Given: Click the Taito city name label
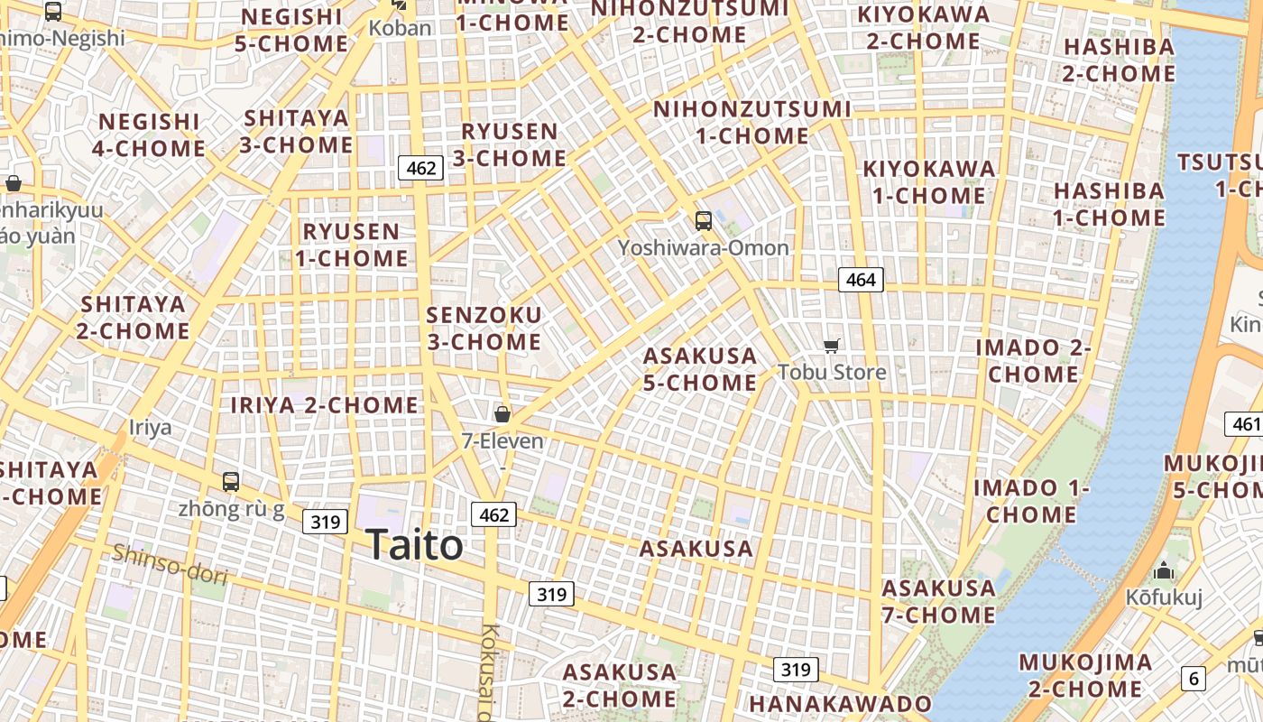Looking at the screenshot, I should [414, 545].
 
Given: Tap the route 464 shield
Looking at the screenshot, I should [861, 280].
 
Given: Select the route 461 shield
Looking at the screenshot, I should [1245, 424].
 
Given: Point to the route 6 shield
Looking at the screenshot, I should [1194, 679].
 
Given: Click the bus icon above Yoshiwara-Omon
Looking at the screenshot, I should [703, 221].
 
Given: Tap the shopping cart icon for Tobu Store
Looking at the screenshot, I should [832, 346].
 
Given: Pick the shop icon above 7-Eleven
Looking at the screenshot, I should [502, 414].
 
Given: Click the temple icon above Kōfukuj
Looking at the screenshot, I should [1164, 571].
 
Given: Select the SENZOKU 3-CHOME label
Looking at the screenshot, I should [484, 329].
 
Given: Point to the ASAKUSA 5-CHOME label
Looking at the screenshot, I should [700, 369].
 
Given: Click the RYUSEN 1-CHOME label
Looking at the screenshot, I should [352, 245].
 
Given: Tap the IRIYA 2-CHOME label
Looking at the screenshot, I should [325, 405].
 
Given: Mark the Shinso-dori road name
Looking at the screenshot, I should [169, 563].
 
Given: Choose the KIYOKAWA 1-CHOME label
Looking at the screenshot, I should [929, 182].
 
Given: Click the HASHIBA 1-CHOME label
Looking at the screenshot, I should [1109, 204].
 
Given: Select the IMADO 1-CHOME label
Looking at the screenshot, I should [1031, 501].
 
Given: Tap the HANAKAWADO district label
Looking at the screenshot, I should [840, 704].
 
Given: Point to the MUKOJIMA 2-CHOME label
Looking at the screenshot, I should [1085, 675].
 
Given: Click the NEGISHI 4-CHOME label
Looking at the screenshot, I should [149, 134].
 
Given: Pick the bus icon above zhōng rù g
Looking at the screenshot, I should [231, 482].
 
